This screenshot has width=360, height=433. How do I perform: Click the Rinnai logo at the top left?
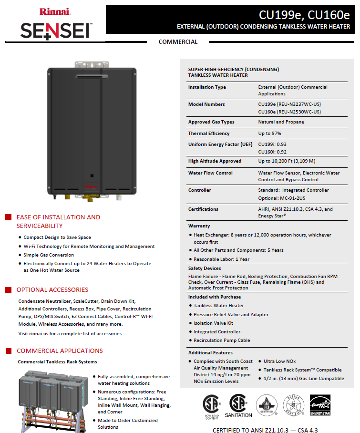click(55, 11)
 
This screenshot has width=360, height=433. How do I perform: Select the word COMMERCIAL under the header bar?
click(178, 42)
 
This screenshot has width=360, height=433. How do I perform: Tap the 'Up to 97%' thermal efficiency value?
click(270, 134)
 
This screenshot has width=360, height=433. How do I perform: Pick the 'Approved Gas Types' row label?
click(211, 122)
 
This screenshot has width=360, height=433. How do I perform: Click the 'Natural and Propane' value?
click(281, 122)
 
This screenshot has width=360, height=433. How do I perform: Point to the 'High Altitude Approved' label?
click(215, 161)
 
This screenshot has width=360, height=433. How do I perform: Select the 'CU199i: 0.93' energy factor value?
click(272, 144)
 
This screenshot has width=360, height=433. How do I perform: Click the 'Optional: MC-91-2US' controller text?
click(281, 198)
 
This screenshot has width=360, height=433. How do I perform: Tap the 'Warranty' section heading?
click(199, 226)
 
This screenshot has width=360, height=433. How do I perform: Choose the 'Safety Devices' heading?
click(205, 268)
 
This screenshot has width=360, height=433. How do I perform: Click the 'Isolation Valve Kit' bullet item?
click(213, 323)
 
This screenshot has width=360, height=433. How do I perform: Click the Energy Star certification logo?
click(320, 406)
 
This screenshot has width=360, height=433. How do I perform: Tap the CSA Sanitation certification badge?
click(238, 406)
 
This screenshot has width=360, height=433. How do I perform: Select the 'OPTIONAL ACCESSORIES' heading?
click(52, 290)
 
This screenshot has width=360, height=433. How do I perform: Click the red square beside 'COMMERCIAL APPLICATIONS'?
click(8, 351)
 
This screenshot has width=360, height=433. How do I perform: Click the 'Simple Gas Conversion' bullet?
click(49, 255)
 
